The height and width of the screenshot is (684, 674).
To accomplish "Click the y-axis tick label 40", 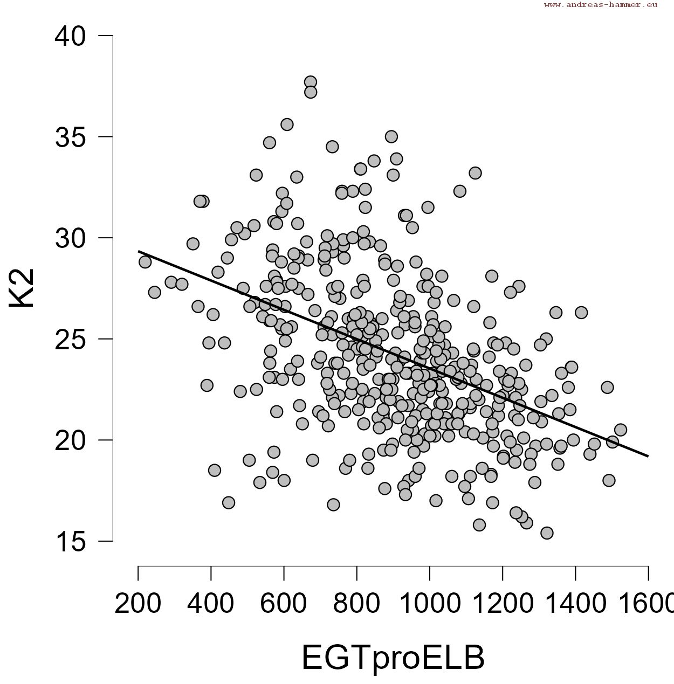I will pyautogui.click(x=70, y=36).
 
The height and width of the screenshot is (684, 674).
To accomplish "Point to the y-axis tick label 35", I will pyautogui.click(x=70, y=137).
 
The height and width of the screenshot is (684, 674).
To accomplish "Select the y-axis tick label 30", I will pyautogui.click(x=70, y=238).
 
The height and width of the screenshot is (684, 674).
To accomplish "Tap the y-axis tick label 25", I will pyautogui.click(x=70, y=340).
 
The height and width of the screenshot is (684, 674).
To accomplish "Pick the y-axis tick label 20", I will pyautogui.click(x=70, y=440).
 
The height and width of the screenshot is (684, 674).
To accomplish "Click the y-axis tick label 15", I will pyautogui.click(x=70, y=542).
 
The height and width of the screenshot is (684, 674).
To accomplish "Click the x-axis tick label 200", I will pyautogui.click(x=138, y=604).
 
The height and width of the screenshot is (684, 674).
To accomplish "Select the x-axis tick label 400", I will pyautogui.click(x=211, y=604).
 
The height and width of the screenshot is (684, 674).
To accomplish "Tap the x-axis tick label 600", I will pyautogui.click(x=284, y=604).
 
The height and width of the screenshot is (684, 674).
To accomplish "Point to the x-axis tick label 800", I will pyautogui.click(x=356, y=604).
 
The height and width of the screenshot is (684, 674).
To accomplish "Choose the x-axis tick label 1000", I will pyautogui.click(x=429, y=604).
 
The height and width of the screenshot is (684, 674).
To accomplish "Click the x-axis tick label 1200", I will pyautogui.click(x=502, y=604).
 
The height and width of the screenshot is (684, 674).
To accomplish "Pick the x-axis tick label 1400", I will pyautogui.click(x=575, y=604).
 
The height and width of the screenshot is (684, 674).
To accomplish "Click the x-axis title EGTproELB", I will pyautogui.click(x=393, y=658).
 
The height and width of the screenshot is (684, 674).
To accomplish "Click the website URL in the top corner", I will pyautogui.click(x=601, y=5).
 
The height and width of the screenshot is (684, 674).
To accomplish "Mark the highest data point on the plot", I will pyautogui.click(x=311, y=82).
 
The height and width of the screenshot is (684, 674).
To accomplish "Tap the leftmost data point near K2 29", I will pyautogui.click(x=145, y=262).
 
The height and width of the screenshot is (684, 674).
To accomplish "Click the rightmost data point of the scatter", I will pyautogui.click(x=620, y=430).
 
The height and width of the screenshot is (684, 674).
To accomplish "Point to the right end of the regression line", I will pyautogui.click(x=648, y=456).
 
